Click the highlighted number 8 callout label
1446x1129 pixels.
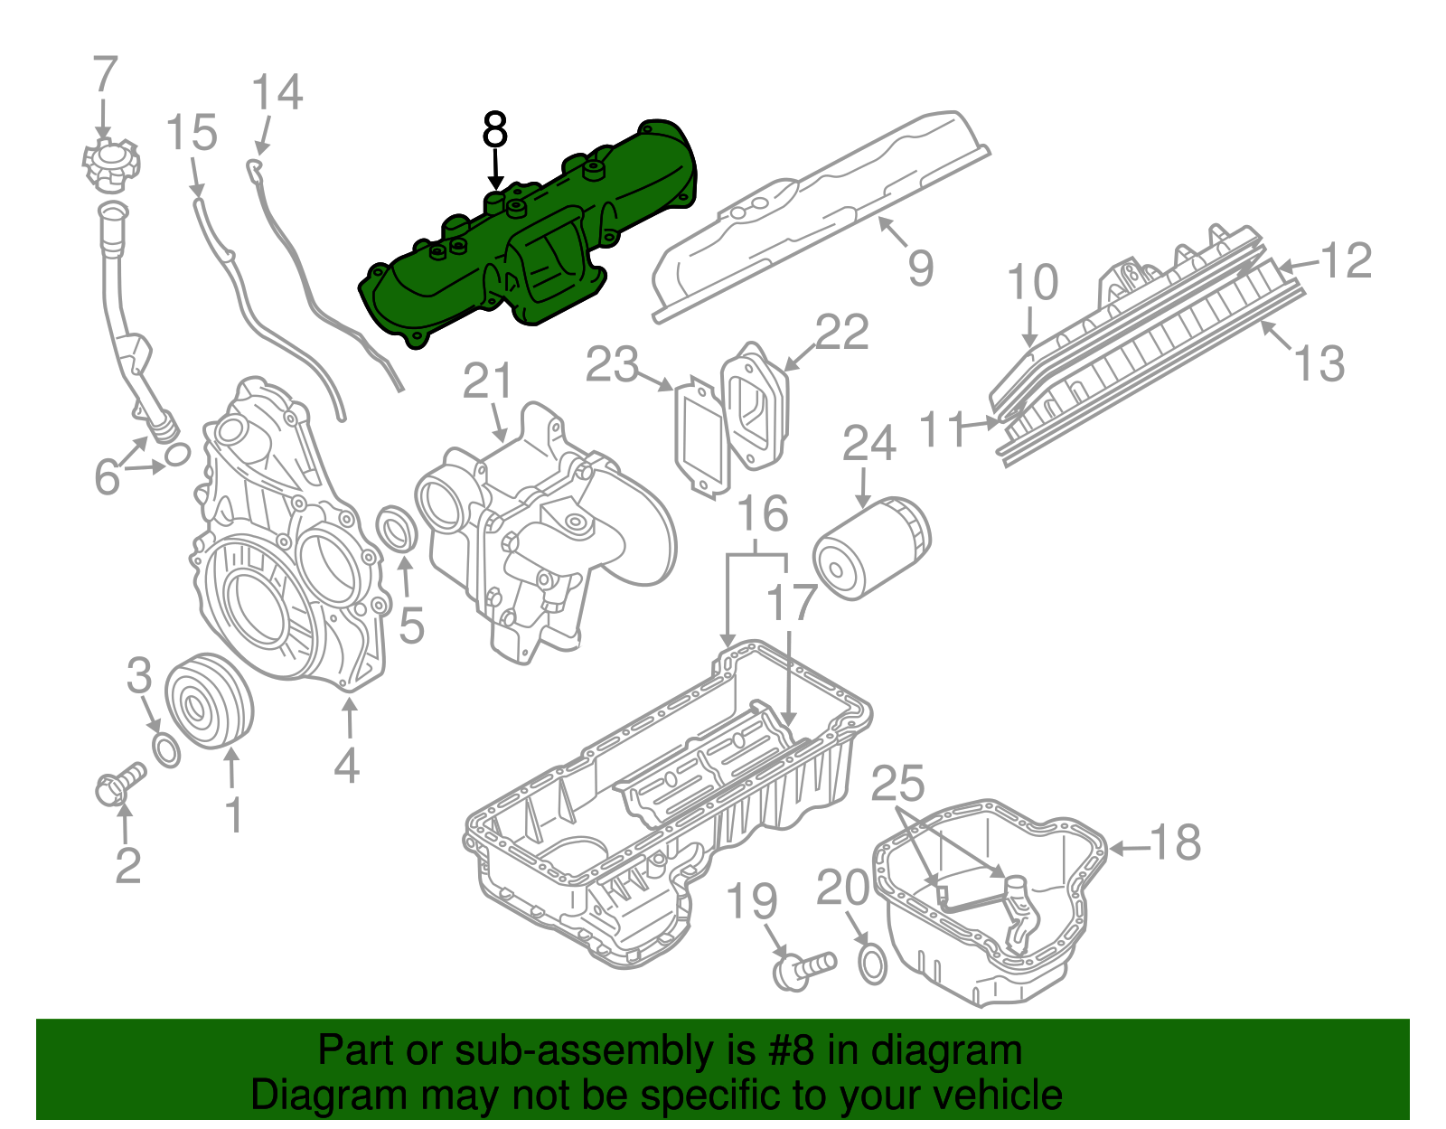pyautogui.click(x=494, y=130)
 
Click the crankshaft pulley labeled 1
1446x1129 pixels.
pyautogui.click(x=210, y=701)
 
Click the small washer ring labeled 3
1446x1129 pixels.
pyautogui.click(x=166, y=750)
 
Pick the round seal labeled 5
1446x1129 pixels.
pyautogui.click(x=398, y=528)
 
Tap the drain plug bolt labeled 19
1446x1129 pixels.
pyautogui.click(x=802, y=970)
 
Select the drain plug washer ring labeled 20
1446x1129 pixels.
pyautogui.click(x=871, y=964)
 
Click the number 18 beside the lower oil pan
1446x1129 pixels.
pyautogui.click(x=1176, y=842)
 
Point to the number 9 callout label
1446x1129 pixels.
pyautogui.click(x=920, y=268)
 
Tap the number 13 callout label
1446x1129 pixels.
pyautogui.click(x=1319, y=363)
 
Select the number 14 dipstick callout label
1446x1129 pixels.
pyautogui.click(x=276, y=93)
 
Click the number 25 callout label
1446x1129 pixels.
pyautogui.click(x=897, y=783)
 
